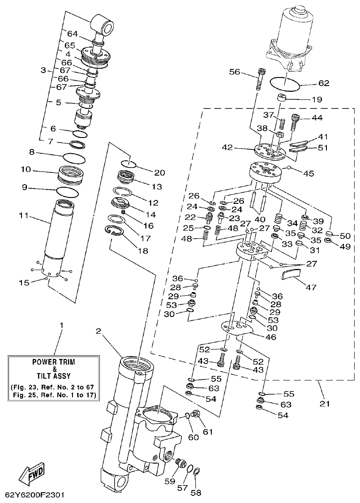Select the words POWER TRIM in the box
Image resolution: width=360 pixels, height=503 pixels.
click(54, 361)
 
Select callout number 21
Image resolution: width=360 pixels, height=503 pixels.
click(325, 404)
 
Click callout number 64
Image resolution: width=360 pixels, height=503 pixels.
click(73, 34)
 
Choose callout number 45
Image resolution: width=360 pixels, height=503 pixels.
click(309, 173)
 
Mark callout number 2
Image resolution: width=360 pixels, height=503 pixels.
click(99, 331)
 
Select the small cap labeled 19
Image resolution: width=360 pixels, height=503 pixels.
click(282, 99)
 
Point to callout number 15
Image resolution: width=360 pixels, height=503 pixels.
click(24, 283)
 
